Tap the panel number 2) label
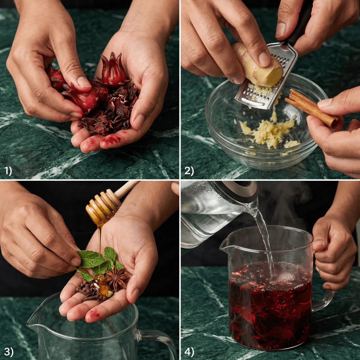(189, 171)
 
